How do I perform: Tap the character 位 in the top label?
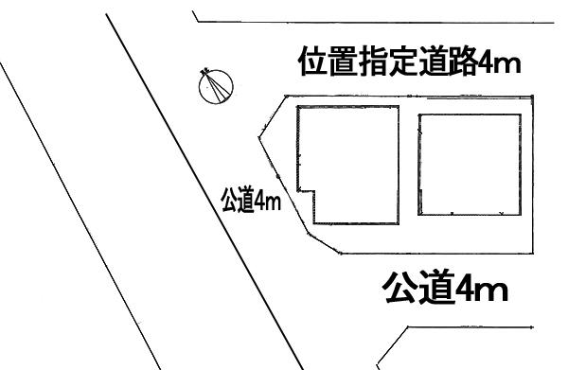coord(312,63)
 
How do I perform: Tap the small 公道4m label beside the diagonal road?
coord(252,202)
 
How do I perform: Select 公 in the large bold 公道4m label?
coord(400,287)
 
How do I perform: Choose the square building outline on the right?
coord(468,165)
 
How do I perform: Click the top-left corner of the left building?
coord(298,108)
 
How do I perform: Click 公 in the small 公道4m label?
coord(230,202)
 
